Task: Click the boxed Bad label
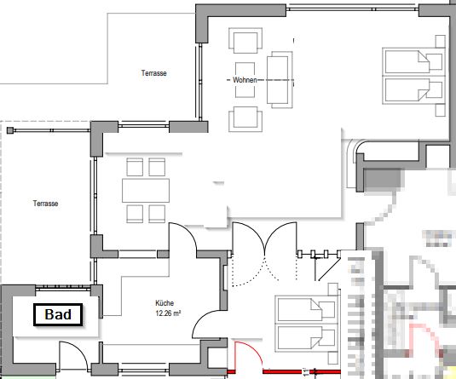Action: (58, 314)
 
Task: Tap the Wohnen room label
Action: (245, 80)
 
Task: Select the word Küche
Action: (165, 303)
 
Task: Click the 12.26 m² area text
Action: (168, 313)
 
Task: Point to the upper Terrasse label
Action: (153, 73)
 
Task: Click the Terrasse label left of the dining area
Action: (45, 204)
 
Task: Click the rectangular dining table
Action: (146, 191)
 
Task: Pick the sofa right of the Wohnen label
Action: (280, 80)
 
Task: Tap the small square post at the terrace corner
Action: (10, 130)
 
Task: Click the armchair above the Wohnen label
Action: (245, 41)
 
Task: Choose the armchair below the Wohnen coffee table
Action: (245, 119)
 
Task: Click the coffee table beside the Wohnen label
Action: (245, 80)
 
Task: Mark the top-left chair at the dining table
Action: (135, 167)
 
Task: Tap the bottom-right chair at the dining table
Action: (157, 214)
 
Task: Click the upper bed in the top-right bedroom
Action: (414, 61)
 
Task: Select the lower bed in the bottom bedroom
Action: (307, 337)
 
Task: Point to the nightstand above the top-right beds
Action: (441, 41)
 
